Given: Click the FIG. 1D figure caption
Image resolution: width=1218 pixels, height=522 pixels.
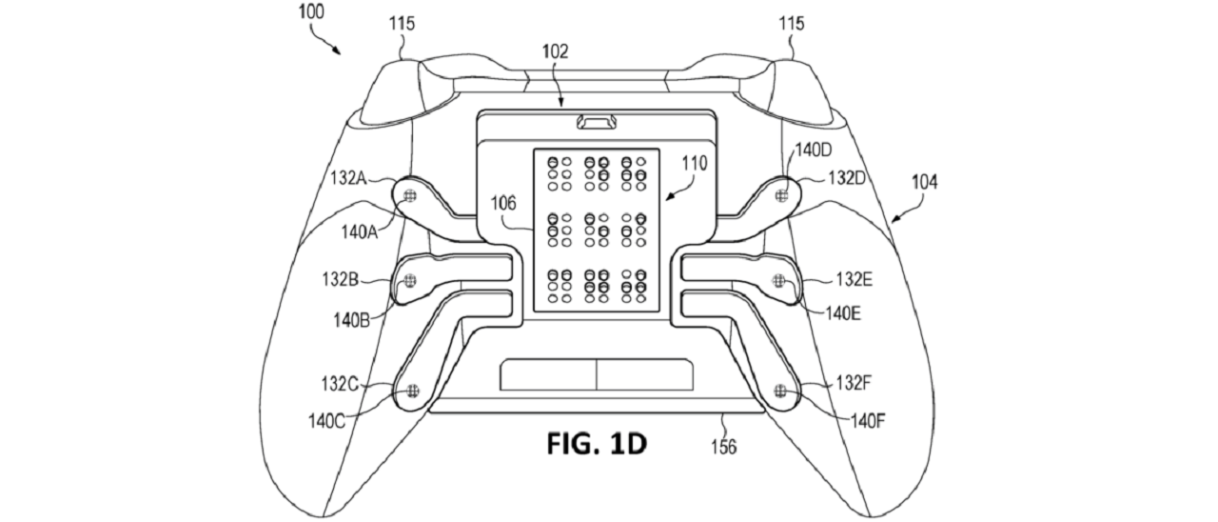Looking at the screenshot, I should pos(597,444).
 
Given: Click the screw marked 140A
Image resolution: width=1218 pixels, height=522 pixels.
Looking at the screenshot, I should pos(410,195).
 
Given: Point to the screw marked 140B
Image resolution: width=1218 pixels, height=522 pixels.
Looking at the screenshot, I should pos(411,280).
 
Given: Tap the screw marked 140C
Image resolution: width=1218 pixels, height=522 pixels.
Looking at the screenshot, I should pos(412,391).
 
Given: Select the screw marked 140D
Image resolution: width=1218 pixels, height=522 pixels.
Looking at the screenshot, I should pos(782,195).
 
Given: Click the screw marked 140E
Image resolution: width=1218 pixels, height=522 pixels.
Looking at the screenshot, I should pos(779,280).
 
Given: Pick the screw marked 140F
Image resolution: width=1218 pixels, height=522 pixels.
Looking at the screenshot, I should pos(780,390).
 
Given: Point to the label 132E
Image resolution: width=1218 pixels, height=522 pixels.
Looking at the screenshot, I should pos(855,279).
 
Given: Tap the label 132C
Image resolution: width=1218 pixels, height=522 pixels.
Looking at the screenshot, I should pos(339,385).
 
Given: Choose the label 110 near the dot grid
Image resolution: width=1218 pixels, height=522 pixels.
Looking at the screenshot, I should pos(693,164).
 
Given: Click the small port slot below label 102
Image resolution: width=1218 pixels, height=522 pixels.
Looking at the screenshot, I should pos(597,123).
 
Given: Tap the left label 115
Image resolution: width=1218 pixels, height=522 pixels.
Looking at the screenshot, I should pos(402,25).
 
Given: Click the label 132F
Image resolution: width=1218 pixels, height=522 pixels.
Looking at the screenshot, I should pos(854,384).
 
